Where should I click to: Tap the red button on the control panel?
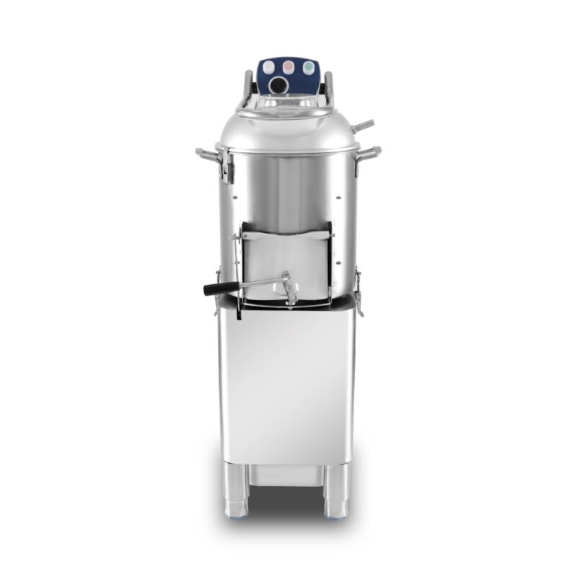click(x=290, y=66)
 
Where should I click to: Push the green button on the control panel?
click(x=309, y=66)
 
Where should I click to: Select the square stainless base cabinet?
click(x=288, y=382)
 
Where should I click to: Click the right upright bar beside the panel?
click(x=329, y=87)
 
